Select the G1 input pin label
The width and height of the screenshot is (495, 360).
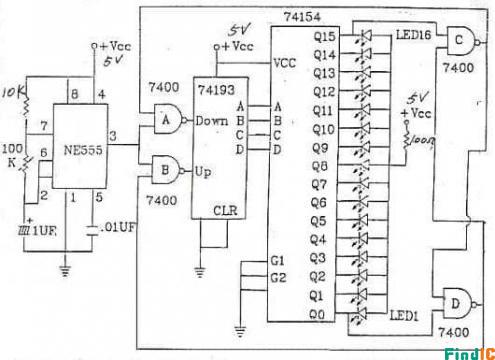pyautogui.click(x=280, y=261)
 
